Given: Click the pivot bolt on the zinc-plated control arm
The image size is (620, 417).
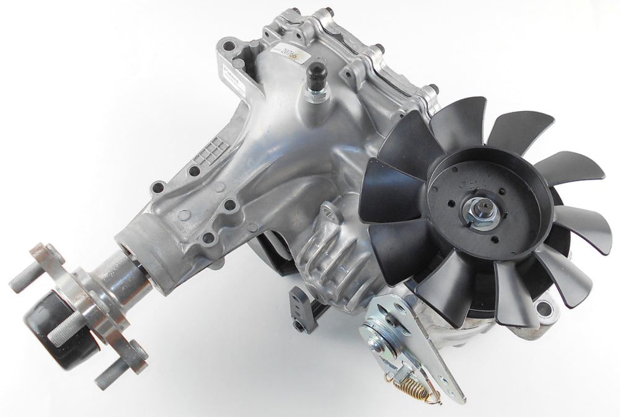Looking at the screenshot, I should coord(376,328).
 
